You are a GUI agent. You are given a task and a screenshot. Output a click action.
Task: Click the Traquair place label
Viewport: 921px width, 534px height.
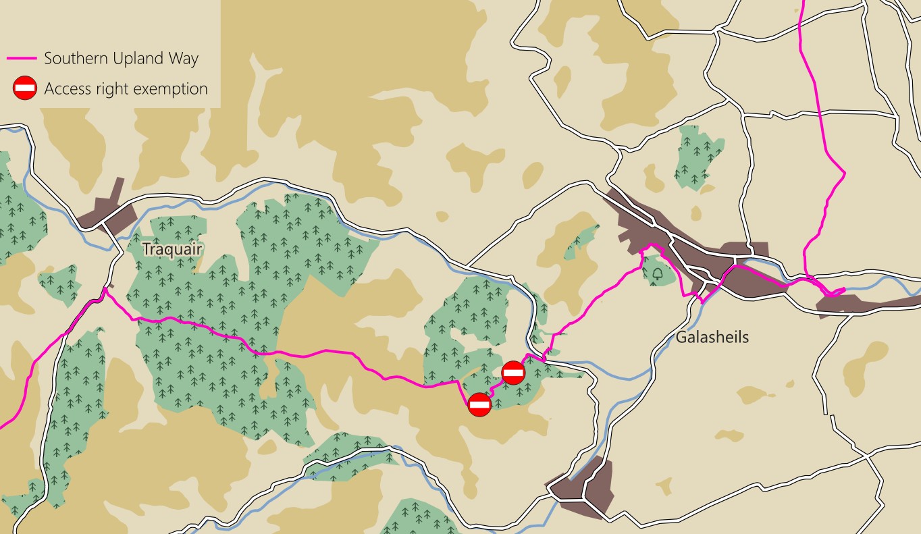[x=172, y=250]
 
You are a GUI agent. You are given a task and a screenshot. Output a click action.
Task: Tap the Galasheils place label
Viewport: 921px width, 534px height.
[x=712, y=337]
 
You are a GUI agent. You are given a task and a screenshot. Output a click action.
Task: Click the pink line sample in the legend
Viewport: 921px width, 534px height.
[x=22, y=59]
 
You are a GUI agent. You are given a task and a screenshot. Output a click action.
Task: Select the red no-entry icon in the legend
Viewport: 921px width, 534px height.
[x=25, y=88]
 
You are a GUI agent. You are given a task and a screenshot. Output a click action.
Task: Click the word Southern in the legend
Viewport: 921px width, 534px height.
[x=74, y=59]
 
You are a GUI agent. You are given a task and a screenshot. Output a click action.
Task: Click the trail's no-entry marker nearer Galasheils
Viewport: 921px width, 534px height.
[x=514, y=373]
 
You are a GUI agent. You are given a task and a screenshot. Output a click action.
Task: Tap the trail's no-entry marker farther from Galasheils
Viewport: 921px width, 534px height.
[x=479, y=404]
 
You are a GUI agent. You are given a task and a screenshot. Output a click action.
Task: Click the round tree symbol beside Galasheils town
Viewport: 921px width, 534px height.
[x=658, y=274]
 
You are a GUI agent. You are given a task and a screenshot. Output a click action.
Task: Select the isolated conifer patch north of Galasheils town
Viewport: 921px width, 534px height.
[x=698, y=157]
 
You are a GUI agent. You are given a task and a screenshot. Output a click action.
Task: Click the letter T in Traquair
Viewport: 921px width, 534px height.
[x=147, y=250]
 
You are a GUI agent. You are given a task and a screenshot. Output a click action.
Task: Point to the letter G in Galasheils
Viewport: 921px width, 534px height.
[x=681, y=337]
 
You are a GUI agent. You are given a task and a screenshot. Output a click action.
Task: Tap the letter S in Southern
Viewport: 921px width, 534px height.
[x=49, y=59]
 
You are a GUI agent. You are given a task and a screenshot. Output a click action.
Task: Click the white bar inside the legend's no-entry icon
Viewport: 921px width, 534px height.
[x=25, y=88]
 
